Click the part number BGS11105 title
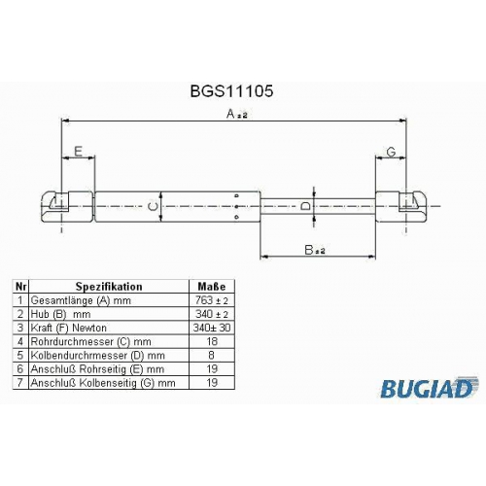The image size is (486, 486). click(x=231, y=91)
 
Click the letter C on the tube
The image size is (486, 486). click(x=153, y=206)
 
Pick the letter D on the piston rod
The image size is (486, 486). click(x=305, y=206)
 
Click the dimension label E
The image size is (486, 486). click(x=79, y=151)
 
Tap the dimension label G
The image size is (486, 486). click(x=391, y=152)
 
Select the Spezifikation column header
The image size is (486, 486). click(x=109, y=287)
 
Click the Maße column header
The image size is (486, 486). click(x=212, y=287)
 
